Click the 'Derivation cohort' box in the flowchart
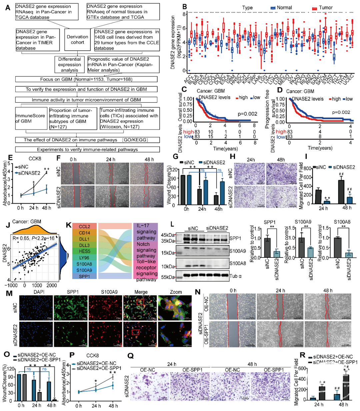[x=77, y=40]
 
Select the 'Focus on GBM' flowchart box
[x=86, y=79]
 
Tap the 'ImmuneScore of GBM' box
[x=30, y=118]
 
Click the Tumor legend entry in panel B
[x=322, y=8]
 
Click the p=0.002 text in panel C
[x=247, y=114]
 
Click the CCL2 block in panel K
[x=84, y=226]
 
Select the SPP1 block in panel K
[x=84, y=276]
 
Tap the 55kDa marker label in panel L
[x=168, y=277]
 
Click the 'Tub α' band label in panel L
[x=235, y=276]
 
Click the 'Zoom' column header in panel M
[x=176, y=292]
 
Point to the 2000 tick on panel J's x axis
[x=51, y=285]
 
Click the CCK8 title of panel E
[x=35, y=159]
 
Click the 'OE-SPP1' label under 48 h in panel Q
[x=274, y=370]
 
